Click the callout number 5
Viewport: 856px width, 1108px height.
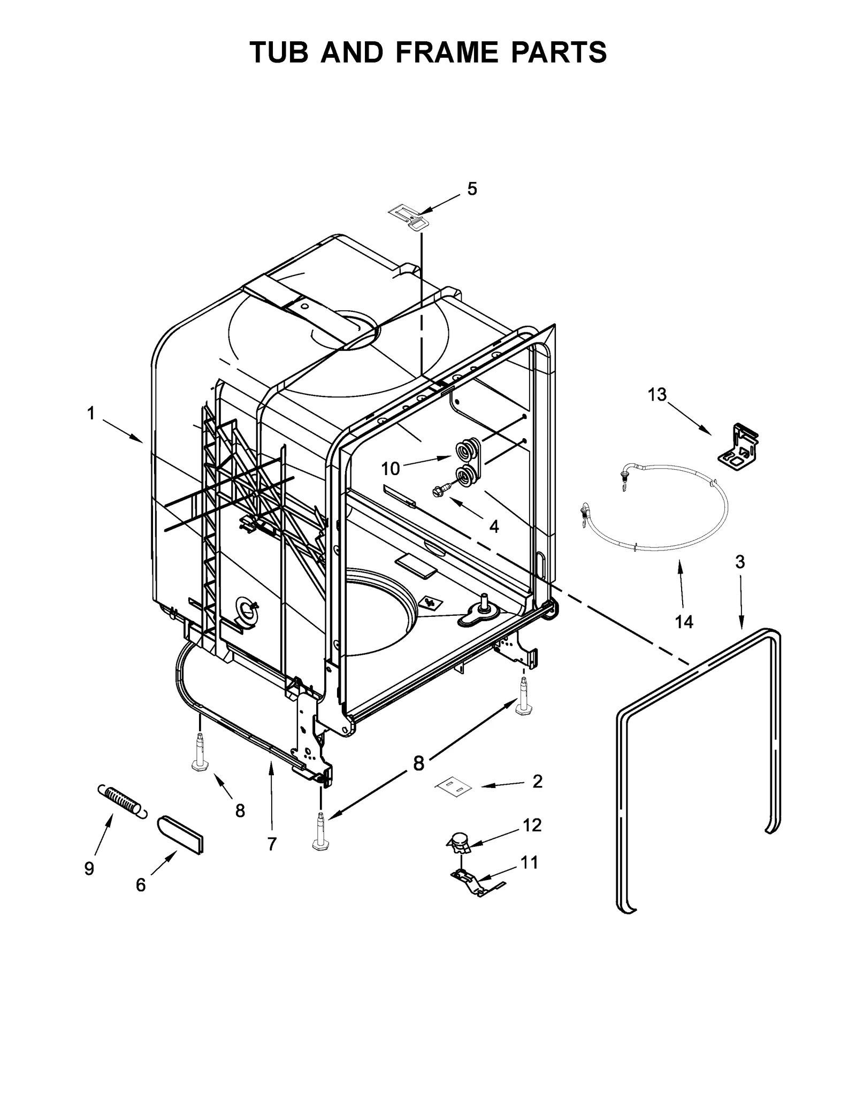(x=472, y=189)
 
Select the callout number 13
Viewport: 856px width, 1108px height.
(x=657, y=394)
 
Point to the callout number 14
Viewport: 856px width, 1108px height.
(x=684, y=622)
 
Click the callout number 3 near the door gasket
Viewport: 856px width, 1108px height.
(x=740, y=562)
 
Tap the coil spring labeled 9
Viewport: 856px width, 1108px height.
(x=121, y=801)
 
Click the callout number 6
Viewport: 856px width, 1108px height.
(x=140, y=885)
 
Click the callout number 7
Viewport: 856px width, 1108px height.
(x=272, y=844)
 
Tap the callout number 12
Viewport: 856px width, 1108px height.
(x=532, y=825)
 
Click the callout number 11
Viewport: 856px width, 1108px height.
(x=529, y=862)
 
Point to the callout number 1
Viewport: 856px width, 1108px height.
(x=91, y=413)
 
